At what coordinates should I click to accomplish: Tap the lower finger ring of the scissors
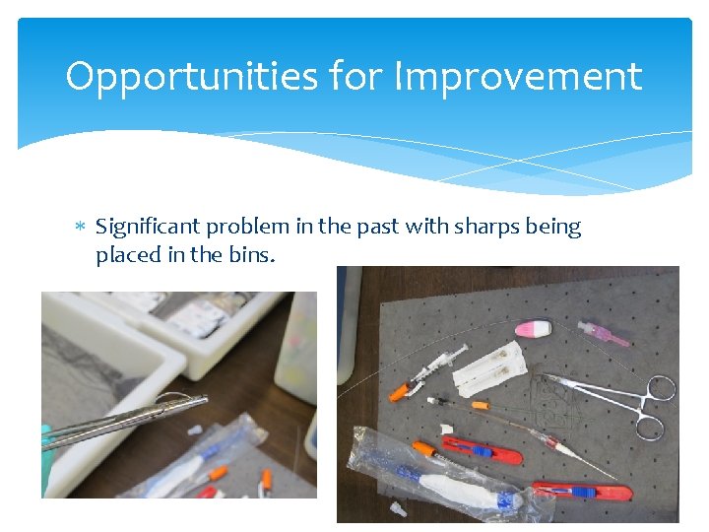[x=650, y=426]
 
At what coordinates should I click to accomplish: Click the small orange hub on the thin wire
[x=480, y=405]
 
